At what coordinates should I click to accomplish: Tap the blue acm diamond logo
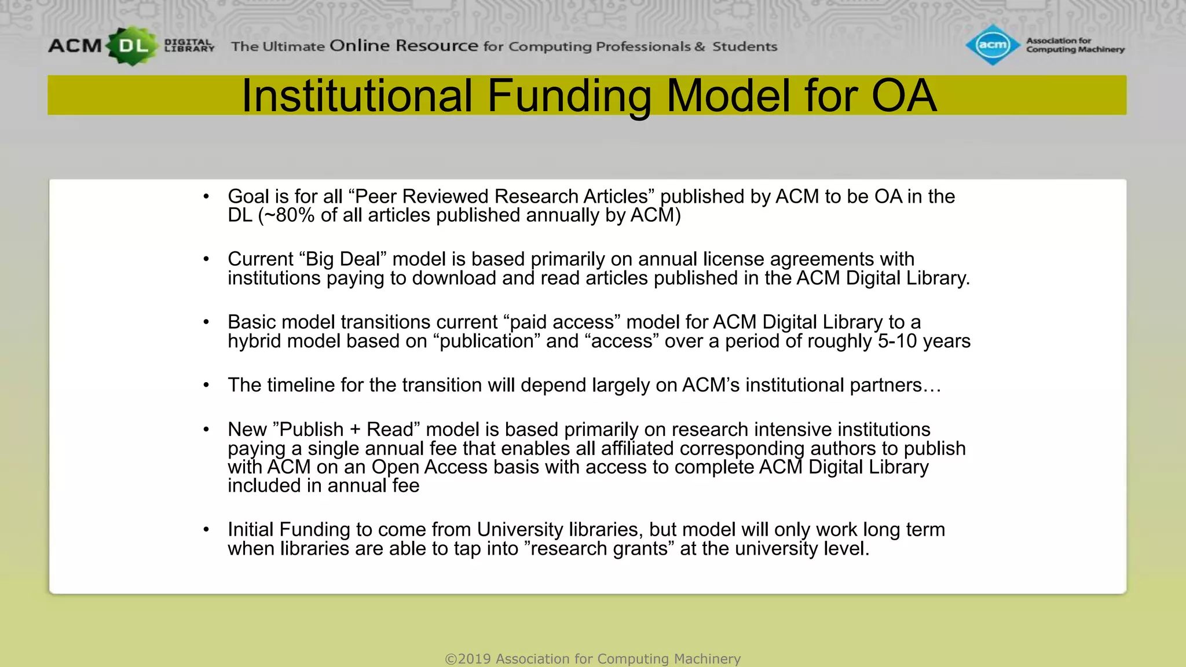coord(993,45)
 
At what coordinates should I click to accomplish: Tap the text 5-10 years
coord(924,341)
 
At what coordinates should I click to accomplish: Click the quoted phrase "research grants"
coord(599,548)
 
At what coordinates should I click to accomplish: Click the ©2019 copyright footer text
coord(592,659)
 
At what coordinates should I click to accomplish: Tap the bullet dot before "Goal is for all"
coord(206,197)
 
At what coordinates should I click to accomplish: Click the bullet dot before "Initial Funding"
coord(206,530)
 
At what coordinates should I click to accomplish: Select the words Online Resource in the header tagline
coord(404,46)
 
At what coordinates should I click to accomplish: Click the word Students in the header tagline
coord(744,46)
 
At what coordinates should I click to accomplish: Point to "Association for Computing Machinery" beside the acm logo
coord(1074,45)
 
